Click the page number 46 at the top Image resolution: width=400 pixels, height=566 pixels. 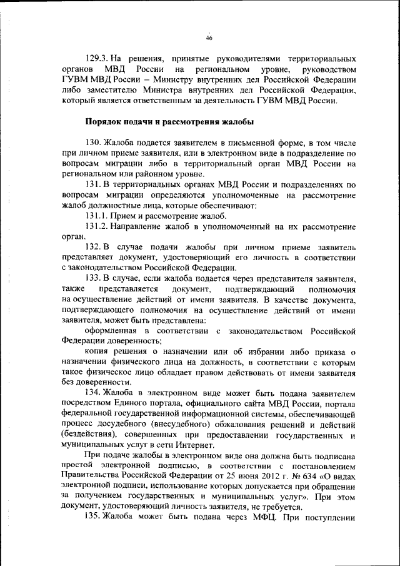(210, 38)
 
